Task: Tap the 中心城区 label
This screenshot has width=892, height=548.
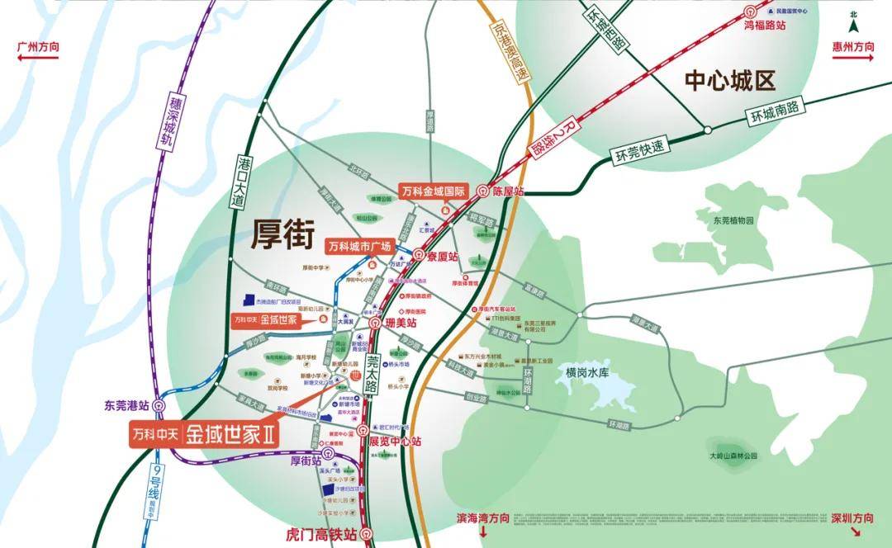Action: pos(731,80)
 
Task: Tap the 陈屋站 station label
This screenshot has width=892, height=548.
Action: pos(508,191)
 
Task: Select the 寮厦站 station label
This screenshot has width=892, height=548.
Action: pos(447,256)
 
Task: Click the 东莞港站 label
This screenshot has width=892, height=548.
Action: pos(126,405)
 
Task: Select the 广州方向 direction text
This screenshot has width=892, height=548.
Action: pos(38,47)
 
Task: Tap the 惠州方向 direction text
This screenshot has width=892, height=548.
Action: pos(853,47)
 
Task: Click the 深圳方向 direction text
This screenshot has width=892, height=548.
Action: pos(852,518)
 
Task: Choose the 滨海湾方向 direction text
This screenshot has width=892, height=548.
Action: pos(483,518)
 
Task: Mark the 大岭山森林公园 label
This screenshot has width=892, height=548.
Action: pos(733,456)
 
